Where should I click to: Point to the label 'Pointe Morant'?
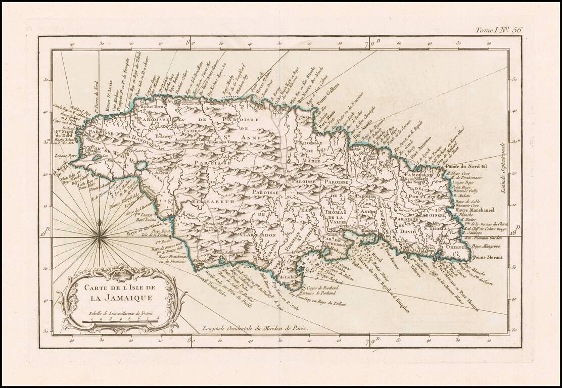[x=486, y=257]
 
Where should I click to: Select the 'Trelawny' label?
[x=164, y=136]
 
